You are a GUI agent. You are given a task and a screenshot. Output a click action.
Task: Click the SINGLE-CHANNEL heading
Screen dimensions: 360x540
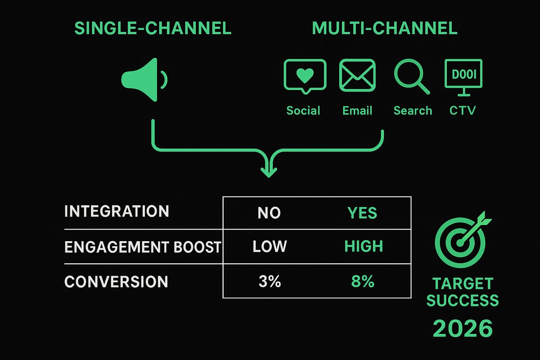[x=153, y=28]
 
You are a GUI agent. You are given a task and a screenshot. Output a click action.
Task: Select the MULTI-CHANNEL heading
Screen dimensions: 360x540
[x=384, y=28]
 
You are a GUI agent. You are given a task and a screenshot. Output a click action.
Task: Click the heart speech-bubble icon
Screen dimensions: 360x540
[x=305, y=76]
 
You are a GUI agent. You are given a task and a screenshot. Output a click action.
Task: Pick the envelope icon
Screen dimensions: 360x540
[x=357, y=75]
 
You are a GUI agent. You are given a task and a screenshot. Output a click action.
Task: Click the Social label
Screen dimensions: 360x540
[x=303, y=111]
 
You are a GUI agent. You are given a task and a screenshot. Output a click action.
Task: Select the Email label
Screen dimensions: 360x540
[x=357, y=111]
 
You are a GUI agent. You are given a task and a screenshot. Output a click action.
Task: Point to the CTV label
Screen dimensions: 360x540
[x=462, y=111]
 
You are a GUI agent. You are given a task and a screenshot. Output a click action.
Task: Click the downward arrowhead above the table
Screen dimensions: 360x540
[x=268, y=171]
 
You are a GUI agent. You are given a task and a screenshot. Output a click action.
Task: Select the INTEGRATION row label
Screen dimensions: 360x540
[x=117, y=212]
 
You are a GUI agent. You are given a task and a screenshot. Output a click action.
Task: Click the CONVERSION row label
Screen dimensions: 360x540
[x=116, y=282]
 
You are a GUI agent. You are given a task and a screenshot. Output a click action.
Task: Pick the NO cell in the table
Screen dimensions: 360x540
[x=269, y=213]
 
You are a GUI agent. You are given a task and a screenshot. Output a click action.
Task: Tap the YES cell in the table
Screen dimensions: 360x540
[x=363, y=213]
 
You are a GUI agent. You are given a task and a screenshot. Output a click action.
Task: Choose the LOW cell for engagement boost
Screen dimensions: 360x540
[x=270, y=247]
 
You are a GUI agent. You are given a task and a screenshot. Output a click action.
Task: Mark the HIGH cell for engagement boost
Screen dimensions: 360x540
[x=363, y=247]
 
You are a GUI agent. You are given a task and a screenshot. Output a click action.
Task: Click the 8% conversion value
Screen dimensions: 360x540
[x=363, y=282]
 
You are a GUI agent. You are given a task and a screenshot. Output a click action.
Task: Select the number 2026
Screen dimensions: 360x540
[x=462, y=328]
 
